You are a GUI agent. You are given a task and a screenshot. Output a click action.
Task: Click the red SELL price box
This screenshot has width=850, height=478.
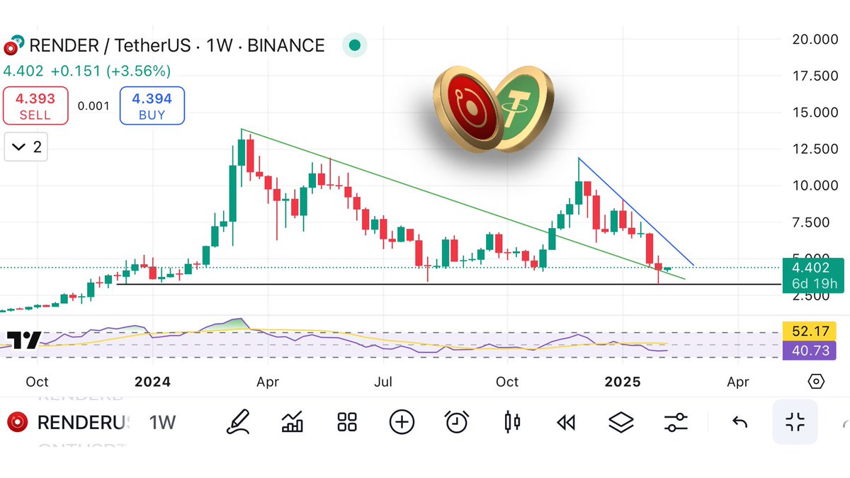35,106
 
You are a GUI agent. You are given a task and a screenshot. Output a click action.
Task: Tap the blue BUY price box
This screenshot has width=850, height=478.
152,106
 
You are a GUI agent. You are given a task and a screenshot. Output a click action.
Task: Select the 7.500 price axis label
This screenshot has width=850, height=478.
815,222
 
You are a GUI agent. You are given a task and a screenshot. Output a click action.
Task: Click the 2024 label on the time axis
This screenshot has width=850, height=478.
152,382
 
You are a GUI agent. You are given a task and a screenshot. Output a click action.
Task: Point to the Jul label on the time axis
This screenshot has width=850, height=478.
383,382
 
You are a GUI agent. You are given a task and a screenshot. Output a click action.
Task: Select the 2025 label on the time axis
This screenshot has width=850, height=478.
623,382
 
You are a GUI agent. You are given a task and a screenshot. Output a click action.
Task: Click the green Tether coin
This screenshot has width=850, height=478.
521,108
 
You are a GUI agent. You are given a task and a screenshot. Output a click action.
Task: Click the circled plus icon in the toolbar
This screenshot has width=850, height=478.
402,423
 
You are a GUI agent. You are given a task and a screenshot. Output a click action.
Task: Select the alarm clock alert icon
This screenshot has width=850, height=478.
457,423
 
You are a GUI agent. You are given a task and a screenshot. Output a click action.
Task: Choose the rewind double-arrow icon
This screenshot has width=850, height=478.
565,423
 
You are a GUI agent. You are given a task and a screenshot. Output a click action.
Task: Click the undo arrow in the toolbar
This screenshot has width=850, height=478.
739,423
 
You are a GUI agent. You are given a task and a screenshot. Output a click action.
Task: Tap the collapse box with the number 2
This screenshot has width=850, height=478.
26,147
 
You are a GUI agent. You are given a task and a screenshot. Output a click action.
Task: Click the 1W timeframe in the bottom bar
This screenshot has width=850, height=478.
162,423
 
